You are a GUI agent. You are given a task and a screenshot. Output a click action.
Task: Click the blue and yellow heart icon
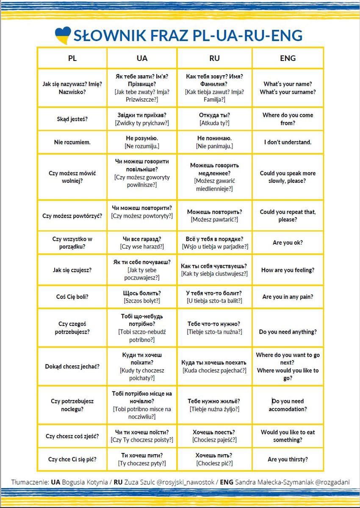coord(63,35)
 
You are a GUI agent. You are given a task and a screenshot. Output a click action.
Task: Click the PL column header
coord(72,58)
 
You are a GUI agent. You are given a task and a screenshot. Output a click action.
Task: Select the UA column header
coord(142,58)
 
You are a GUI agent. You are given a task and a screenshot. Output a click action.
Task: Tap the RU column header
coord(214,58)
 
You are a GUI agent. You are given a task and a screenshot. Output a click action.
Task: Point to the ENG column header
coord(288,58)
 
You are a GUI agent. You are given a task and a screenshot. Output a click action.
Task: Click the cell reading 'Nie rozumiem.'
coord(72,142)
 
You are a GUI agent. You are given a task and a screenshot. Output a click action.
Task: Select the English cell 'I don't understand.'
coord(288,142)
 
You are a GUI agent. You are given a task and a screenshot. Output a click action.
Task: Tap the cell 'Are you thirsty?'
coord(288,459)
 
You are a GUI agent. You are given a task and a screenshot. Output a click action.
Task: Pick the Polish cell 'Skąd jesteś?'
coord(72,119)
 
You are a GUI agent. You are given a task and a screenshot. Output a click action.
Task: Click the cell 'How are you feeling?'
coord(288,270)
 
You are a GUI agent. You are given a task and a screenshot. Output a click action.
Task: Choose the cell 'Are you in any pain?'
coord(288,297)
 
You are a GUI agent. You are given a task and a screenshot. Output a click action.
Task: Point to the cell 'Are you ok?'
coord(288,243)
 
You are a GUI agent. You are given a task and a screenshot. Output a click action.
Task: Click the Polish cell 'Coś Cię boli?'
coord(72,297)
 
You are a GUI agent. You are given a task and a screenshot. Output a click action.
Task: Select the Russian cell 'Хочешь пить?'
coord(214,459)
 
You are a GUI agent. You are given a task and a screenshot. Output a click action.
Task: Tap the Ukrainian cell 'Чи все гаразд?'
coord(142,243)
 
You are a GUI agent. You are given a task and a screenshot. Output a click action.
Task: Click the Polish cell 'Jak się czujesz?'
coord(72,270)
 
